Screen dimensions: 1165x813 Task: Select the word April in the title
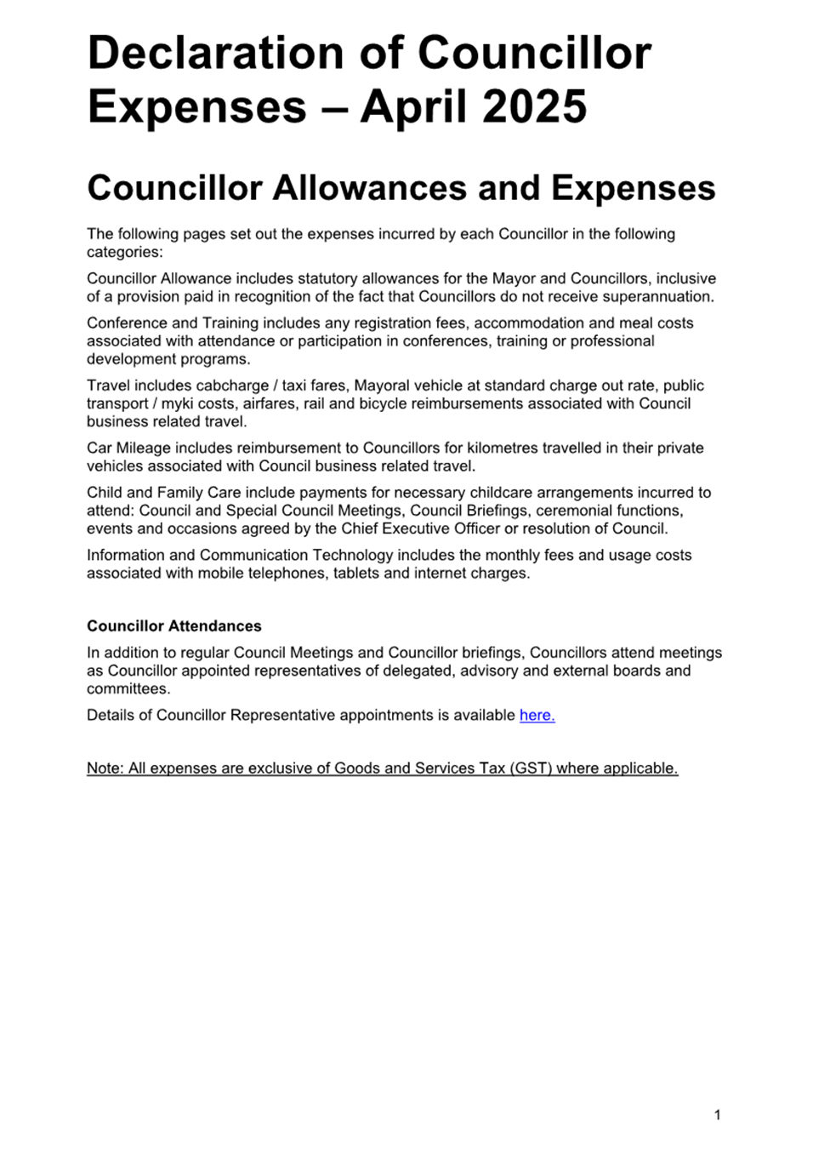point(414,107)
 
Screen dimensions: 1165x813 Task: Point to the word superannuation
point(657,297)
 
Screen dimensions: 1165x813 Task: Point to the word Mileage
point(142,448)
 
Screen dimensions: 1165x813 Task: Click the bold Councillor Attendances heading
point(174,626)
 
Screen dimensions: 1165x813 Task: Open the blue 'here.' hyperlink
point(537,716)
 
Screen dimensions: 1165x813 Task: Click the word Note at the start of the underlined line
point(104,768)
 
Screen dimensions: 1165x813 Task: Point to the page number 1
point(718,1115)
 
